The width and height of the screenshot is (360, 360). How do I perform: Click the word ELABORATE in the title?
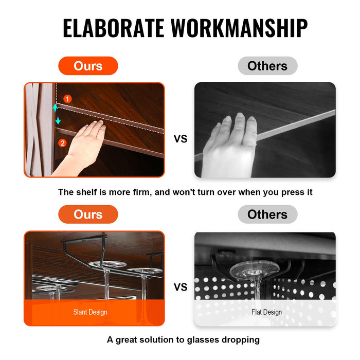(x=114, y=28)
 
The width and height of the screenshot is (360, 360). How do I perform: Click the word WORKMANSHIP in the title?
(x=239, y=28)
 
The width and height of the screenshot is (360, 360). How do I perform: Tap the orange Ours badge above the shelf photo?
(x=88, y=66)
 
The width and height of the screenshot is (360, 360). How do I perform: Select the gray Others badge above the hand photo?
(x=267, y=66)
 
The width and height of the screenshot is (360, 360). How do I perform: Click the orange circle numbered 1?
(x=67, y=99)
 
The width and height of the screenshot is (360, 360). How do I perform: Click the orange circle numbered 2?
(x=62, y=143)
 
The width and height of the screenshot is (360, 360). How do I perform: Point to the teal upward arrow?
(x=55, y=107)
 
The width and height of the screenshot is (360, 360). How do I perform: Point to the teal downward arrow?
(x=58, y=120)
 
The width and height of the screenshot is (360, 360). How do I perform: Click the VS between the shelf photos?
(x=181, y=139)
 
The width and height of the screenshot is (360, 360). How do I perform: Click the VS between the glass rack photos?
(x=181, y=287)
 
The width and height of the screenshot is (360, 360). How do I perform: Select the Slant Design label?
(x=90, y=312)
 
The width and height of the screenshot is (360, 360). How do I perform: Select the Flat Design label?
(x=266, y=312)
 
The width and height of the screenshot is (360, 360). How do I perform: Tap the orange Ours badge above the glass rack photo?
(x=88, y=214)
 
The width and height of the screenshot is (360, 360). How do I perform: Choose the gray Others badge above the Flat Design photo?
(x=267, y=214)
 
